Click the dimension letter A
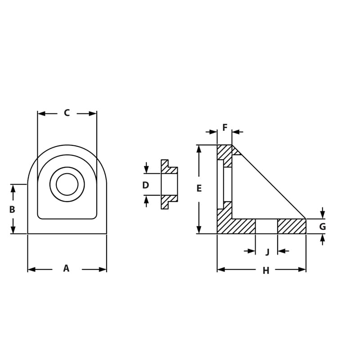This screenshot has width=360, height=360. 66,269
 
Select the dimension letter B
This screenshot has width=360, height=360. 12,209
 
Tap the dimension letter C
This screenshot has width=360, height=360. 67,113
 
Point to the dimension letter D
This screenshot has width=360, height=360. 145,185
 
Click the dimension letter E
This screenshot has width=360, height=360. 199,189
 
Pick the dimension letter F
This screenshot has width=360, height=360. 225,128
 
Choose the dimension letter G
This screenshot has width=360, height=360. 322,227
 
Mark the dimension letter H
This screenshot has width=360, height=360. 266,270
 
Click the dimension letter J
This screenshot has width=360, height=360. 267,252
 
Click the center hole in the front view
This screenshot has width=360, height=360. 67,184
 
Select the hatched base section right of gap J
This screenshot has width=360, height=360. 291,226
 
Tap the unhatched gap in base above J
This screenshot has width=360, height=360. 266,226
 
